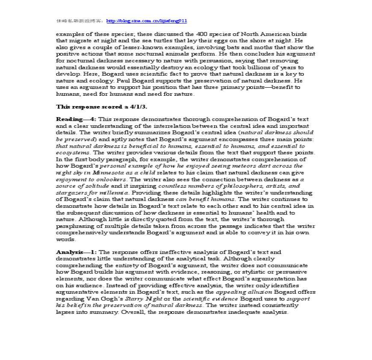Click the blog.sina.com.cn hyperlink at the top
(146, 21)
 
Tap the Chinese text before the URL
(80, 21)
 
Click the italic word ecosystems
(73, 153)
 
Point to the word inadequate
(243, 312)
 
